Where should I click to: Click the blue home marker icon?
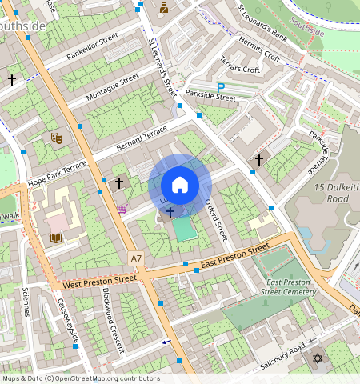180,185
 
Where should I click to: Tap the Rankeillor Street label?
93,47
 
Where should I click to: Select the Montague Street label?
113,87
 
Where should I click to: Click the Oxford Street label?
216,219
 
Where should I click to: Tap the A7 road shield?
137,257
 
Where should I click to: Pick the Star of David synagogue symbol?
318,361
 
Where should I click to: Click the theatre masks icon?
56,138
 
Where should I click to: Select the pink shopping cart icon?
122,209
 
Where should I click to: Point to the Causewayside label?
67,322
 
